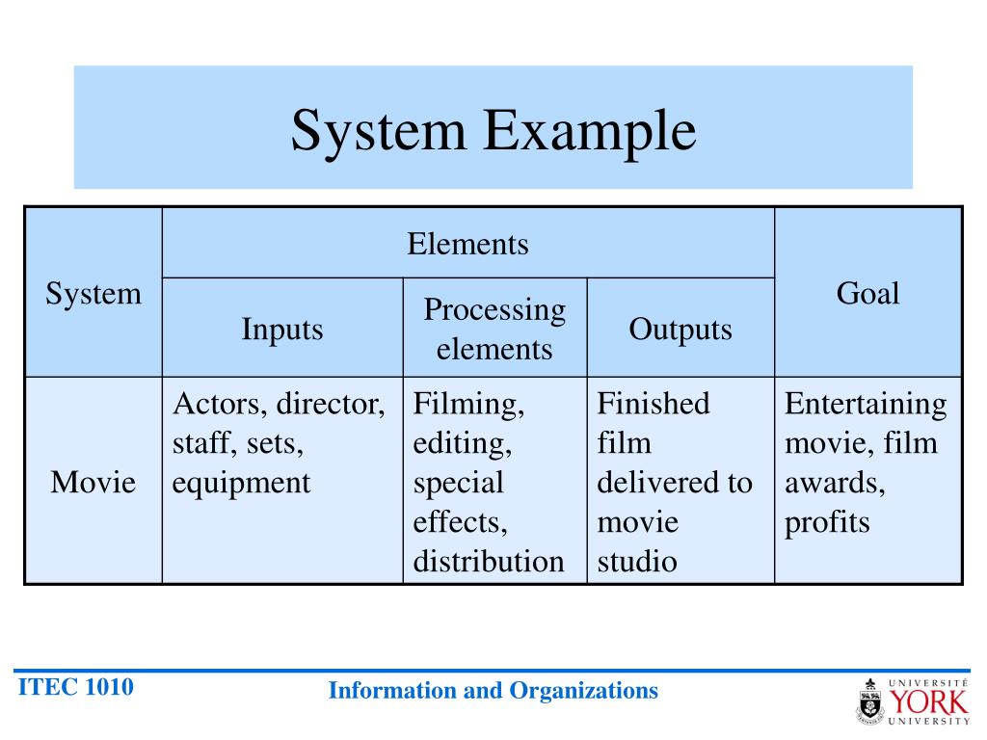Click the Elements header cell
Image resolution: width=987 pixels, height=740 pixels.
click(x=467, y=244)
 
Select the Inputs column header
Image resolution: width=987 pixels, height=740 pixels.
click(x=282, y=330)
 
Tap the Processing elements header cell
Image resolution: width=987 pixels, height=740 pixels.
click(x=494, y=329)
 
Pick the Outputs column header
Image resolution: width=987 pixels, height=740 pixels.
click(x=680, y=330)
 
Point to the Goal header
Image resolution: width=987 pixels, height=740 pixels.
click(x=867, y=293)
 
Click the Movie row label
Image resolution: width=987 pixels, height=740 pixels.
click(x=93, y=482)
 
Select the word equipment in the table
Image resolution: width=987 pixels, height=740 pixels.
click(x=241, y=483)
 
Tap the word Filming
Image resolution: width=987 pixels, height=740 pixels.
click(x=468, y=404)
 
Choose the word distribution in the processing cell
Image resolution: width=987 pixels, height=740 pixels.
click(x=489, y=562)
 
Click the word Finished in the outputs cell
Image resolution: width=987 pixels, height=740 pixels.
click(x=653, y=404)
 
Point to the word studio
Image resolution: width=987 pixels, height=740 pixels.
click(x=637, y=562)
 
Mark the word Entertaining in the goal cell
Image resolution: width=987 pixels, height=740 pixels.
click(x=866, y=404)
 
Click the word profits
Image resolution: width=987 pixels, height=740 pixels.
click(x=827, y=522)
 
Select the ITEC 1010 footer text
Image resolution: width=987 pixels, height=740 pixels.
click(x=76, y=687)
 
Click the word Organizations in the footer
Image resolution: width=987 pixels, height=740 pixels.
click(x=584, y=690)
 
